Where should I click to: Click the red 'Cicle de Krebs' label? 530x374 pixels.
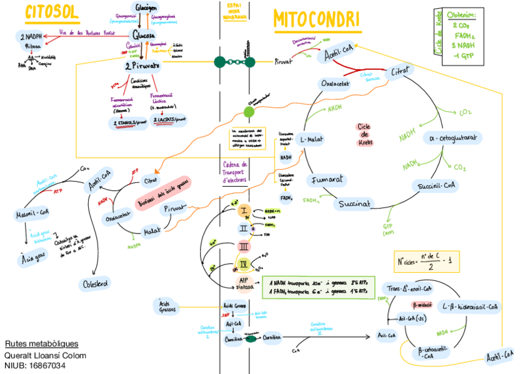[x=364, y=134]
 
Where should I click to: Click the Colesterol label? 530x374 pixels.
[x=96, y=283]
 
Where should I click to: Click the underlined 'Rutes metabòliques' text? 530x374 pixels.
[x=42, y=344]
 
